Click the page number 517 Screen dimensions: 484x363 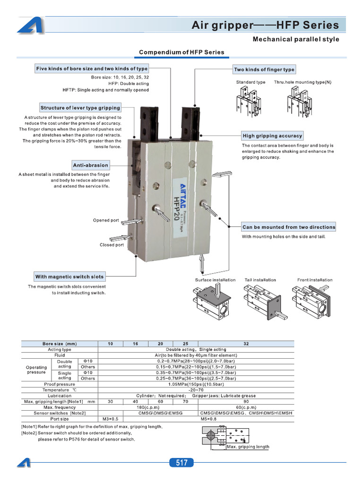pyautogui.click(x=181, y=463)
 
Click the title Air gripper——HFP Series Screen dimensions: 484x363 pyautogui.click(x=265, y=25)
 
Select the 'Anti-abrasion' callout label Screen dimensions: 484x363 pyautogui.click(x=91, y=165)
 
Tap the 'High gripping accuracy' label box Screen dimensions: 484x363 pyautogui.click(x=272, y=136)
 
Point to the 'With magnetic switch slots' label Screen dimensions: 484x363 pyautogui.click(x=69, y=277)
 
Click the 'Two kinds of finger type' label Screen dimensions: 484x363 pyautogui.click(x=264, y=69)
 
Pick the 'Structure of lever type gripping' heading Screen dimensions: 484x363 pyautogui.click(x=80, y=108)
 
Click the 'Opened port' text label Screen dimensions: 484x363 pyautogui.click(x=106, y=220)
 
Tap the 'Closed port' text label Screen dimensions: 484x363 pyautogui.click(x=112, y=245)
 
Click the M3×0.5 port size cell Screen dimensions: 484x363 pyautogui.click(x=110, y=418)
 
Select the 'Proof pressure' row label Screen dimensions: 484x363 pyautogui.click(x=59, y=384)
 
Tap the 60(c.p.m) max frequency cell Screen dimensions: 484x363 pyautogui.click(x=246, y=407)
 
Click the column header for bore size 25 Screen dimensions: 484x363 pyautogui.click(x=185, y=344)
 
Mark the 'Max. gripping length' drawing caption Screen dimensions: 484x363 pyautogui.click(x=248, y=447)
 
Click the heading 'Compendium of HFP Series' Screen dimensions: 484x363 pyautogui.click(x=181, y=52)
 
